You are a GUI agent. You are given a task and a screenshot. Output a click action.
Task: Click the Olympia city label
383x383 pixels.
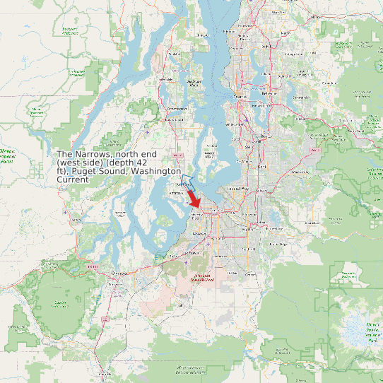pyautogui.click(x=118, y=273)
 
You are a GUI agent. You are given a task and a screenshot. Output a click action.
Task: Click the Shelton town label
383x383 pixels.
pyautogui.click(x=66, y=211)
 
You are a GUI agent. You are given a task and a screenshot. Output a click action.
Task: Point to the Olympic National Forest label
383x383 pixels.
pyautogui.click(x=6, y=156)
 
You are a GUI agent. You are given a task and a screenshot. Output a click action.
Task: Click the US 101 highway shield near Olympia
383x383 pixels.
pyautogui.click(x=93, y=266)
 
